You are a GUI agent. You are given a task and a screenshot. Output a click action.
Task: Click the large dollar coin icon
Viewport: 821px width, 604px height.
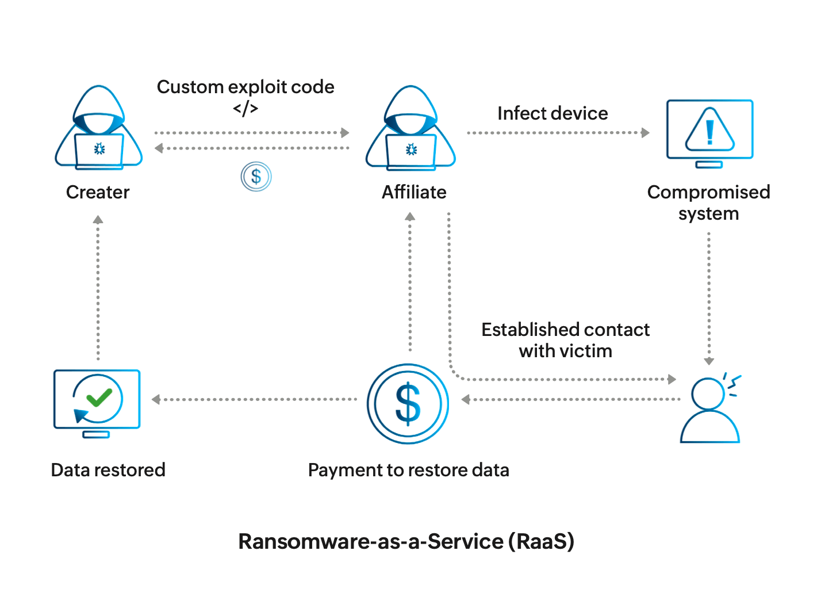408,404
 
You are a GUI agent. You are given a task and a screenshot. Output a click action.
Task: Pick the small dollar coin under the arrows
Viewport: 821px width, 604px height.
256,177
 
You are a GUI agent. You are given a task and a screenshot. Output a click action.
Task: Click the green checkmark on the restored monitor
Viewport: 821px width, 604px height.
99,397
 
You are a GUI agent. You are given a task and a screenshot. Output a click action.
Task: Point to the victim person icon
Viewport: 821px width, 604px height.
709,410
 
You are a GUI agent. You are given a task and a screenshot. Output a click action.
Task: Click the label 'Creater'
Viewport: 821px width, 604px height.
98,192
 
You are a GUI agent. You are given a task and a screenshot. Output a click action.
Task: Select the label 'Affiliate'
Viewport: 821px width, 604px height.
414,192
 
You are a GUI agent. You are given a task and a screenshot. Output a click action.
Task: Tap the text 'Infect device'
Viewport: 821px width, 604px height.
553,113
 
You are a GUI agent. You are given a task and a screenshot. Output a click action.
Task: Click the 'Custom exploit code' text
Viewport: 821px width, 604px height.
245,87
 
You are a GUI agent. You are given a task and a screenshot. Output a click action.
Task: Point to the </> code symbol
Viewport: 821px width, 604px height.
245,108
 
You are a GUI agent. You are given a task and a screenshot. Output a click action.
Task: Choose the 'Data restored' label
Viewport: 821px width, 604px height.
108,470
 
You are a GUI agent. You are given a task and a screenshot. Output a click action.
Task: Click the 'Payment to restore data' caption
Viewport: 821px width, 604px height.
408,470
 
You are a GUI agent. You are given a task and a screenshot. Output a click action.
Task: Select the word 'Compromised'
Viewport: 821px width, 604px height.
708,192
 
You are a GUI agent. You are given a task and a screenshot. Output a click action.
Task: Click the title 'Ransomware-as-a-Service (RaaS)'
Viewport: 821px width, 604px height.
406,541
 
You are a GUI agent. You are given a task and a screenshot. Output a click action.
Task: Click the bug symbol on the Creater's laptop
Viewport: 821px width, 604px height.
99,150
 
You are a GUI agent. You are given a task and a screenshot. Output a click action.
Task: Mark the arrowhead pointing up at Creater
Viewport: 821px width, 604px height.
98,220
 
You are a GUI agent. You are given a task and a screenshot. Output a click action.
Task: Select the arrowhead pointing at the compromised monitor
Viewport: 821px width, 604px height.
646,133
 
